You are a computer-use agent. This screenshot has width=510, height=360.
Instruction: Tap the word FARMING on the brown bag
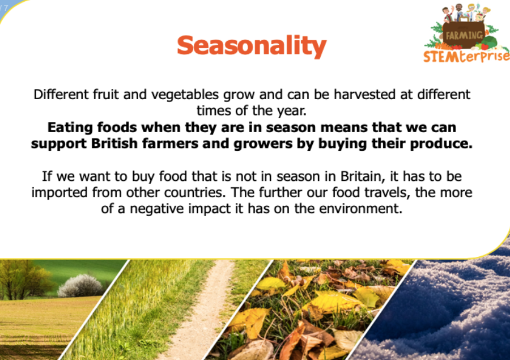(x=464, y=35)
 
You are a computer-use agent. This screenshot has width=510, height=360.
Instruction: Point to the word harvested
(x=365, y=95)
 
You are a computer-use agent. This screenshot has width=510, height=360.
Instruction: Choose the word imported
(x=60, y=193)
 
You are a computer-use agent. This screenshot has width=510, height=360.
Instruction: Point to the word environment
(x=361, y=209)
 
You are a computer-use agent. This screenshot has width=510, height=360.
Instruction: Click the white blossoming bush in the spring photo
(x=80, y=286)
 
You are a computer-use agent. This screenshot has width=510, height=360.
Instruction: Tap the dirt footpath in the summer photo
(x=202, y=312)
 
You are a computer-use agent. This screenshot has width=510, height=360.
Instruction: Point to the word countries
(x=194, y=193)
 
